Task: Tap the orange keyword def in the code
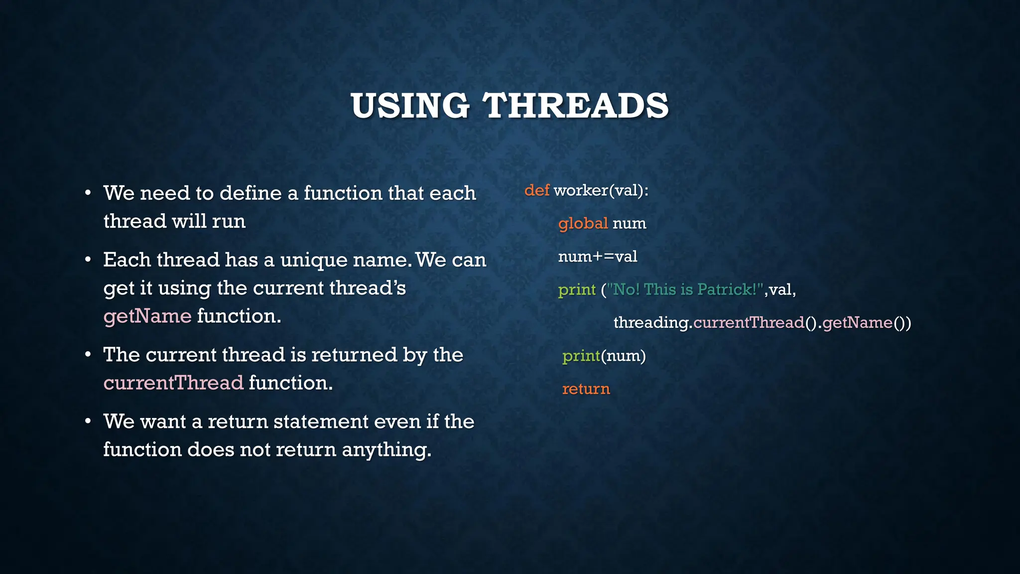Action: point(536,190)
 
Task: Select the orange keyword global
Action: point(583,223)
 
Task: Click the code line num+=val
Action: point(597,257)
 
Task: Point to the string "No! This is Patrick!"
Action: point(685,289)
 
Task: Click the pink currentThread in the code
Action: point(749,323)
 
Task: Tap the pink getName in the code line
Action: point(857,323)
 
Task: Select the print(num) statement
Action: point(604,356)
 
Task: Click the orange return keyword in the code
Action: point(586,389)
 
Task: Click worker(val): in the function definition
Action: point(601,190)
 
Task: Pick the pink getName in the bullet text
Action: point(147,316)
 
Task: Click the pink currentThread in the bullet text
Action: point(173,383)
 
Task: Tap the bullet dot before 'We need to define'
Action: point(88,193)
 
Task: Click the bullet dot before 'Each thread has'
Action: point(88,260)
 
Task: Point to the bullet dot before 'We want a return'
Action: point(88,422)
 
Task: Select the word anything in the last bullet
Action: point(386,449)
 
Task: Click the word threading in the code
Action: point(651,323)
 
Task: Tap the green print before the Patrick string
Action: point(577,289)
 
